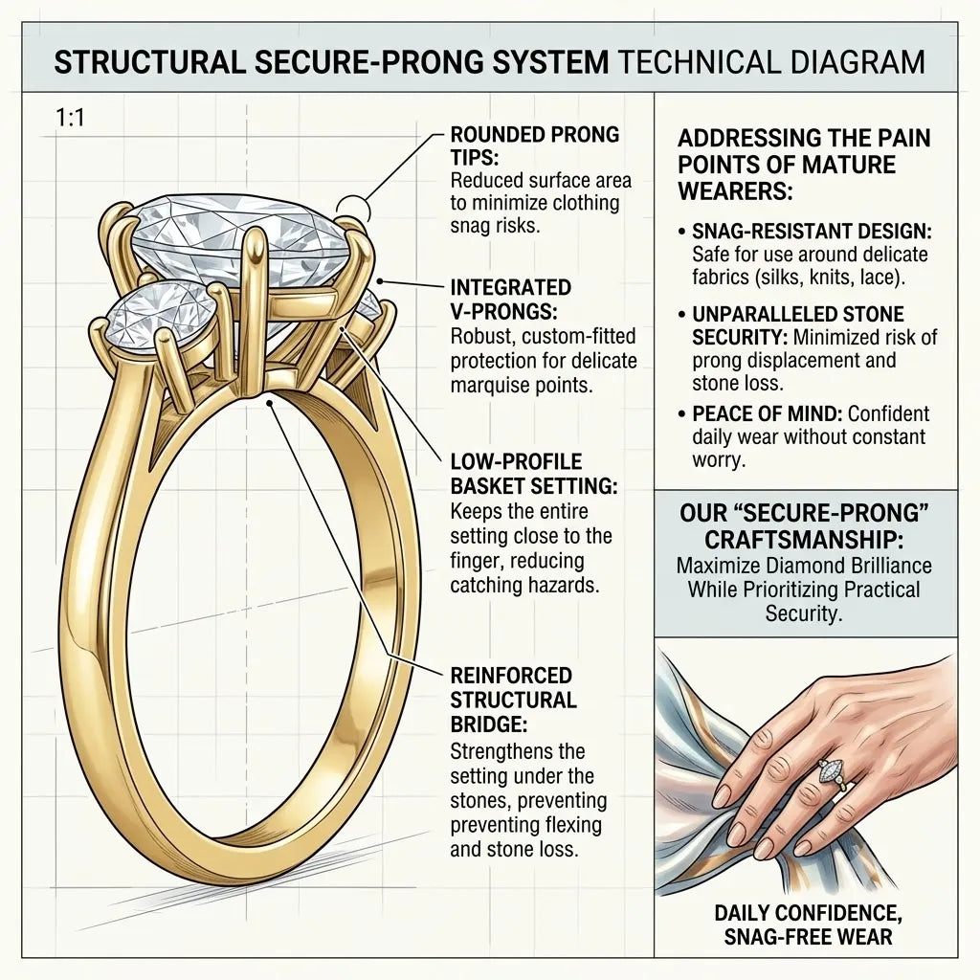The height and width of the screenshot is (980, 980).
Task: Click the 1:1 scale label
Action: pos(70,117)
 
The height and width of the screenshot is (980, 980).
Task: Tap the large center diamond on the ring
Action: pos(240,240)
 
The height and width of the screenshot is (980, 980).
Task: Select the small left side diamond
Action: pos(160,315)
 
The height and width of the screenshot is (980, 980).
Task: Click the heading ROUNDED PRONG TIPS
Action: pos(534,145)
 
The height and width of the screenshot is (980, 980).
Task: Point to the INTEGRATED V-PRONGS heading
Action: pos(511,299)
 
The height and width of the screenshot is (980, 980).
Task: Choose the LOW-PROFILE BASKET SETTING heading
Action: pos(533,474)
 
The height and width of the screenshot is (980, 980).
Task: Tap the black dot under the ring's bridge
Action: pos(269,403)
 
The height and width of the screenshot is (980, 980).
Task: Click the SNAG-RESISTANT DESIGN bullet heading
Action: pos(812,232)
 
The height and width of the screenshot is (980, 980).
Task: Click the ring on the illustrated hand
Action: pos(834,773)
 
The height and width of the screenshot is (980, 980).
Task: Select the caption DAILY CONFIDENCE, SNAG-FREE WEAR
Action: pos(808,925)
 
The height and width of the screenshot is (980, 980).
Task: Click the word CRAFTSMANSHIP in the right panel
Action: pos(804,540)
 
